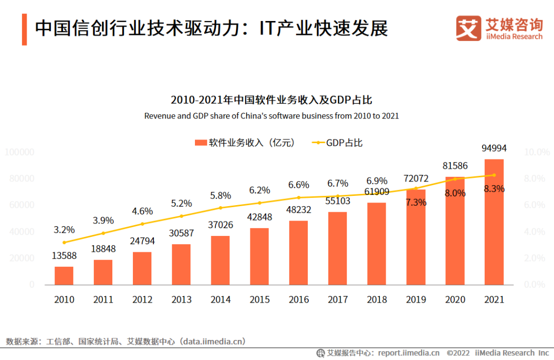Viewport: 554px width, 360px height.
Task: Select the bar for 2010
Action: [x=64, y=275]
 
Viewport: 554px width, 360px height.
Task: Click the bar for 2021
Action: [x=494, y=222]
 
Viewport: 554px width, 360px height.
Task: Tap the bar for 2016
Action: [x=299, y=252]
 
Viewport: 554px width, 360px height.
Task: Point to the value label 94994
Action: [x=494, y=148]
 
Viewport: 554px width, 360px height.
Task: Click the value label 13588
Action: [x=64, y=256]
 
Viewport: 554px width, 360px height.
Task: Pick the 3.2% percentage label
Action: [x=64, y=229]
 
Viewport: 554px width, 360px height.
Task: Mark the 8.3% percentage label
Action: [x=494, y=189]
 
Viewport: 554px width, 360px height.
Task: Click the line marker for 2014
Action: [x=221, y=208]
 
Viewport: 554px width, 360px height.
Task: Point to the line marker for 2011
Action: [x=103, y=233]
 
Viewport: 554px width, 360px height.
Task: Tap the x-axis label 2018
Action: [x=377, y=299]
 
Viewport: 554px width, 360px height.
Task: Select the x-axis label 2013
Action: [x=181, y=299]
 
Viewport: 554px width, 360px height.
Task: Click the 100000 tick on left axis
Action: [x=19, y=152]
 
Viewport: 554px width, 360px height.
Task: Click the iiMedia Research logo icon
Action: [x=468, y=29]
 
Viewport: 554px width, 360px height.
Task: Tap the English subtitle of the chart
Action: [x=271, y=116]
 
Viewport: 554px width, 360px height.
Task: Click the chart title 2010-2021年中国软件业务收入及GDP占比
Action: [x=271, y=100]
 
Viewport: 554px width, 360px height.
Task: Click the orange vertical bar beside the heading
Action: [x=24, y=30]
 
